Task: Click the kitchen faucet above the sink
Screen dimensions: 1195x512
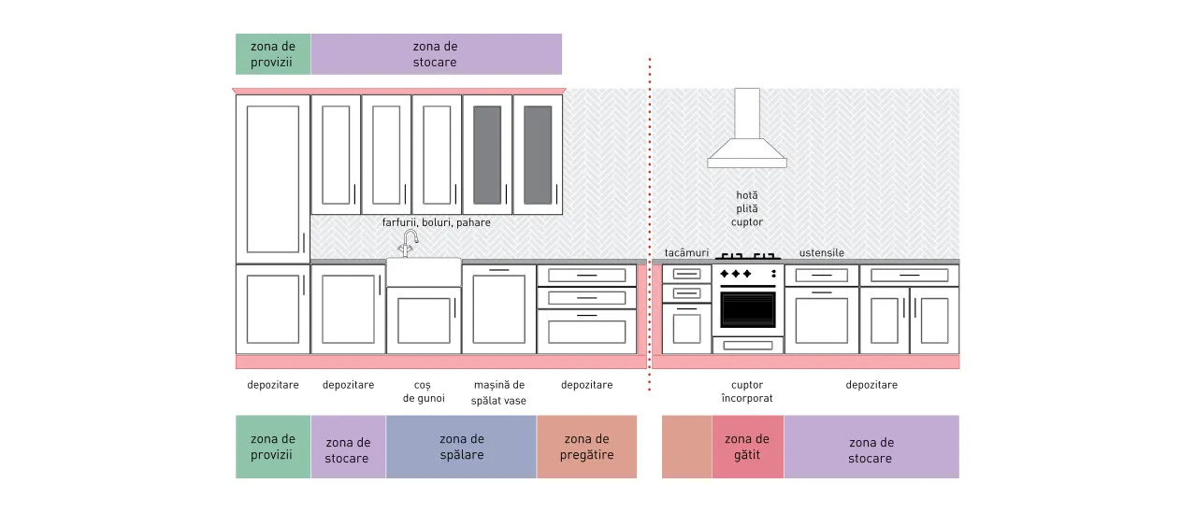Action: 409,244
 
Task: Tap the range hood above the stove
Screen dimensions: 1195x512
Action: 747,128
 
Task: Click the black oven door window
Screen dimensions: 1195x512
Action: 747,309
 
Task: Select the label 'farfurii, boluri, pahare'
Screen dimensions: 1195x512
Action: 436,222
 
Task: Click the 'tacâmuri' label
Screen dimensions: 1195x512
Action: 686,252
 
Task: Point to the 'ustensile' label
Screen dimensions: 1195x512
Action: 822,252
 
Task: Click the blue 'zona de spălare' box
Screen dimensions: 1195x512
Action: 461,447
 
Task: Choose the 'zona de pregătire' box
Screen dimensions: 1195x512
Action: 587,447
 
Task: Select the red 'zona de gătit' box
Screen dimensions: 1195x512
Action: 747,447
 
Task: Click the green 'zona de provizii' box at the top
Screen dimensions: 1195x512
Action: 273,54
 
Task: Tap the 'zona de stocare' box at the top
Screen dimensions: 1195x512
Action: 437,54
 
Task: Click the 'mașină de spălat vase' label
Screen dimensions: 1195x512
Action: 498,392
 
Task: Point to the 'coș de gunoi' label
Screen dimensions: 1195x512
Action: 424,391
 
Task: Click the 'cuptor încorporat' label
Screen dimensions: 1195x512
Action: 747,391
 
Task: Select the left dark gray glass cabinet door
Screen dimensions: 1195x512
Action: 487,155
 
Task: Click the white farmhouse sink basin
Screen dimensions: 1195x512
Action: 424,272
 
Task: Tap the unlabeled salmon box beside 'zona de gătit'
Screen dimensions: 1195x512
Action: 686,447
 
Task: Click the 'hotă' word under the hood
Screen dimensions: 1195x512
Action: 747,195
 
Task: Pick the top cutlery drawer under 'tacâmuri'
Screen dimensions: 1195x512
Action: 686,274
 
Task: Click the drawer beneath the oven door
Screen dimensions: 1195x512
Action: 747,346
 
